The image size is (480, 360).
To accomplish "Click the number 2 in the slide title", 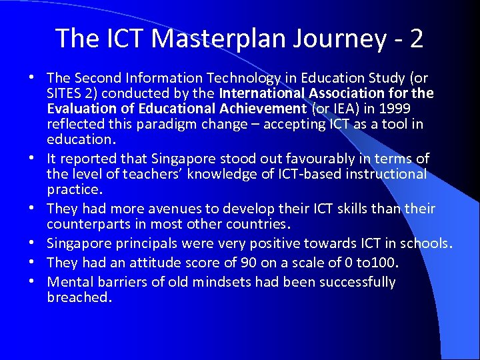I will click(417, 39).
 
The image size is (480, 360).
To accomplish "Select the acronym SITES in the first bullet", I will click(65, 93).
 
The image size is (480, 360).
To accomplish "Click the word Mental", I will click(69, 282).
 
